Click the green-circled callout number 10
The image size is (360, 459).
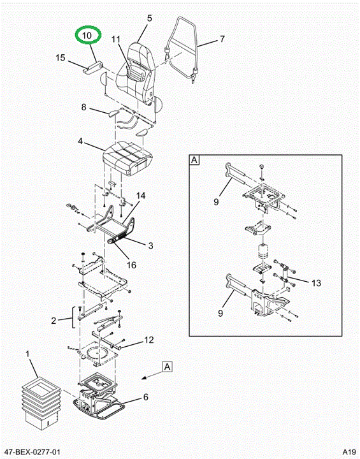click(x=87, y=36)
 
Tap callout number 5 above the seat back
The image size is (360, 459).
click(x=150, y=18)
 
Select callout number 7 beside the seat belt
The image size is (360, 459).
click(x=222, y=39)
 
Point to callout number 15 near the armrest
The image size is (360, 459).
click(x=61, y=57)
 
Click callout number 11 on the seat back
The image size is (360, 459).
click(x=116, y=40)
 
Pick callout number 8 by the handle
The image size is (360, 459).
click(x=84, y=107)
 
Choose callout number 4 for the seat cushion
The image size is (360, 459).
click(x=80, y=142)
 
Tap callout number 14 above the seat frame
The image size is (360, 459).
click(x=140, y=195)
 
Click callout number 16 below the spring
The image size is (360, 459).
click(x=131, y=265)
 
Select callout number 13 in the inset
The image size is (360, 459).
click(x=316, y=283)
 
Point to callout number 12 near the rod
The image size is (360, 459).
click(x=148, y=340)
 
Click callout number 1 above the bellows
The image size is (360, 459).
click(x=27, y=354)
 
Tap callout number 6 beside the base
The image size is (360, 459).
click(x=145, y=397)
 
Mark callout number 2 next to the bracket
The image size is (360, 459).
click(x=54, y=321)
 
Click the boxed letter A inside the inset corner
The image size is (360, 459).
click(x=194, y=160)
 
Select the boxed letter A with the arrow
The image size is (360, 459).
click(x=168, y=367)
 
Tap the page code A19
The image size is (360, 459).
click(x=349, y=451)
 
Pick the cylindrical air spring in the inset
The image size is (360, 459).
click(x=264, y=251)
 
